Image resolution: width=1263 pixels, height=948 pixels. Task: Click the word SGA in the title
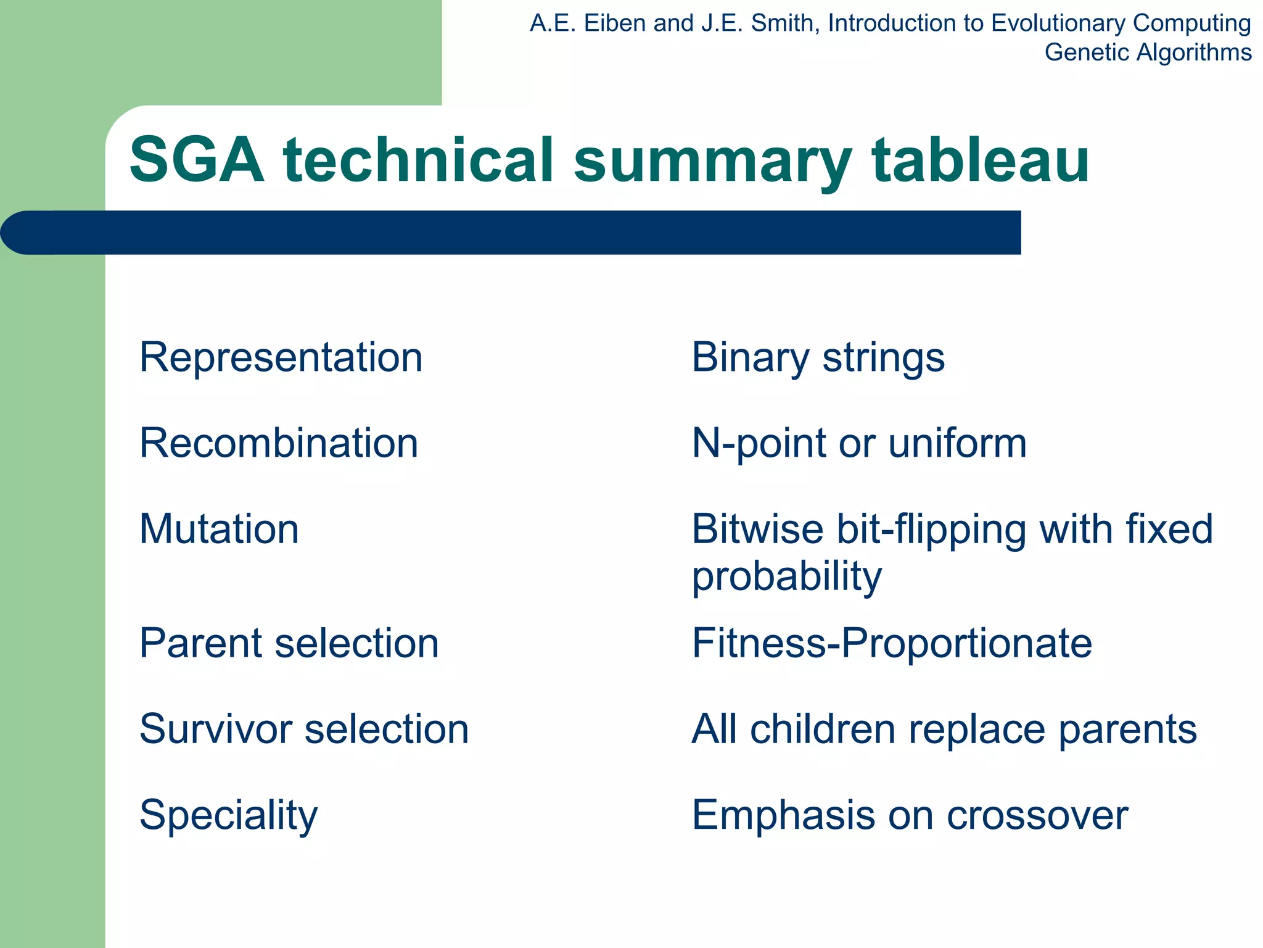coord(196,160)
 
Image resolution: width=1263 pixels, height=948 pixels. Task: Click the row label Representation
coord(281,357)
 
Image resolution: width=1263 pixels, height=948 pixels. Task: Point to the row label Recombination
coord(279,443)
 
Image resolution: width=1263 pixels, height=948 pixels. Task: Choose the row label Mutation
coord(219,530)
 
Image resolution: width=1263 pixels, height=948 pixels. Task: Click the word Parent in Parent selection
coord(201,644)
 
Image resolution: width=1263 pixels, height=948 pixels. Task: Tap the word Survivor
coord(216,730)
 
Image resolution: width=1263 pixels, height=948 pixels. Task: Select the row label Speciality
coord(228,816)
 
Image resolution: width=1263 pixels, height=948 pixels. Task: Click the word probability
coord(786,576)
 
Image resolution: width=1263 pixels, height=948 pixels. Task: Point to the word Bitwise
coord(757,530)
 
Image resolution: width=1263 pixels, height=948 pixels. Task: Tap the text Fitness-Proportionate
coord(892,644)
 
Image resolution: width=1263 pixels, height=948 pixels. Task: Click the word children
coord(822,730)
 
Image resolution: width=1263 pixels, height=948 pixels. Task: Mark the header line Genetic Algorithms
coord(1148,52)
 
